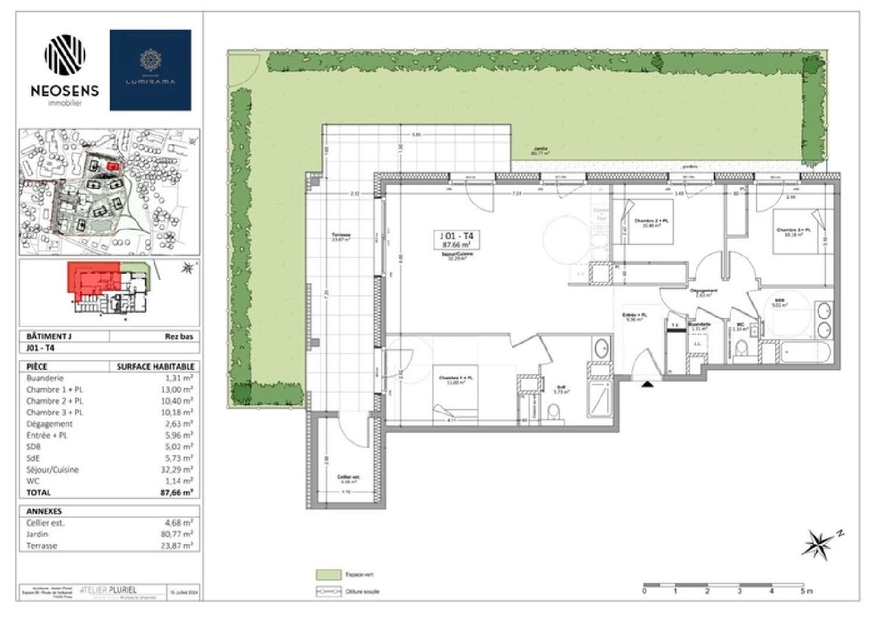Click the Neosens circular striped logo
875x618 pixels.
tap(65, 57)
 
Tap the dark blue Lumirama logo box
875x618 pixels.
tap(150, 70)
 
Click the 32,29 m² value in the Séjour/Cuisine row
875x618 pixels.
tap(179, 470)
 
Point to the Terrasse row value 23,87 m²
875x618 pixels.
tap(178, 546)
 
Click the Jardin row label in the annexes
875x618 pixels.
tap(37, 535)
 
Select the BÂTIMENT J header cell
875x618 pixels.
tap(49, 337)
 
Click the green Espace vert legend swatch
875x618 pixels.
tap(328, 575)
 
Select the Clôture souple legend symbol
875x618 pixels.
tap(328, 591)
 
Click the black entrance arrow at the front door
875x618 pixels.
tap(647, 384)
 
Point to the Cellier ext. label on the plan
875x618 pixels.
tap(348, 478)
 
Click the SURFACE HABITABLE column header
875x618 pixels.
tap(155, 366)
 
